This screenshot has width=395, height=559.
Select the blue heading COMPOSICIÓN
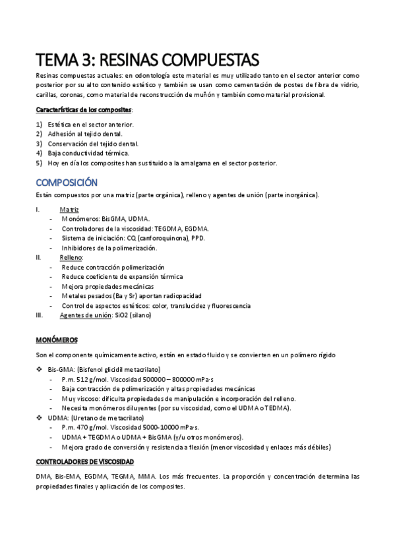coord(67,182)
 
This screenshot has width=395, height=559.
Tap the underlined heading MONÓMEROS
coord(56,339)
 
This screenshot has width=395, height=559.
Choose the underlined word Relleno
coord(71,257)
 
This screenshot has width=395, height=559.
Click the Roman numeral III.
coord(40,315)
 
